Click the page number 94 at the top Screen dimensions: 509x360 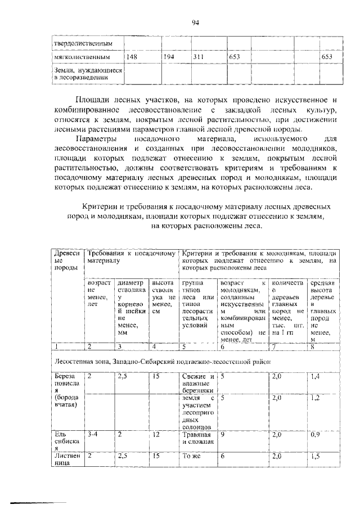(x=195, y=22)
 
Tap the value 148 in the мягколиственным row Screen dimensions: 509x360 (x=132, y=57)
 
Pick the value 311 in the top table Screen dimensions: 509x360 (x=199, y=57)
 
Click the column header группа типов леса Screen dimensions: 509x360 (x=199, y=304)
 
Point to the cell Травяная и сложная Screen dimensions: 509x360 (x=197, y=438)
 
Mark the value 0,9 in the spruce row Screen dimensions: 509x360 (x=316, y=434)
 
